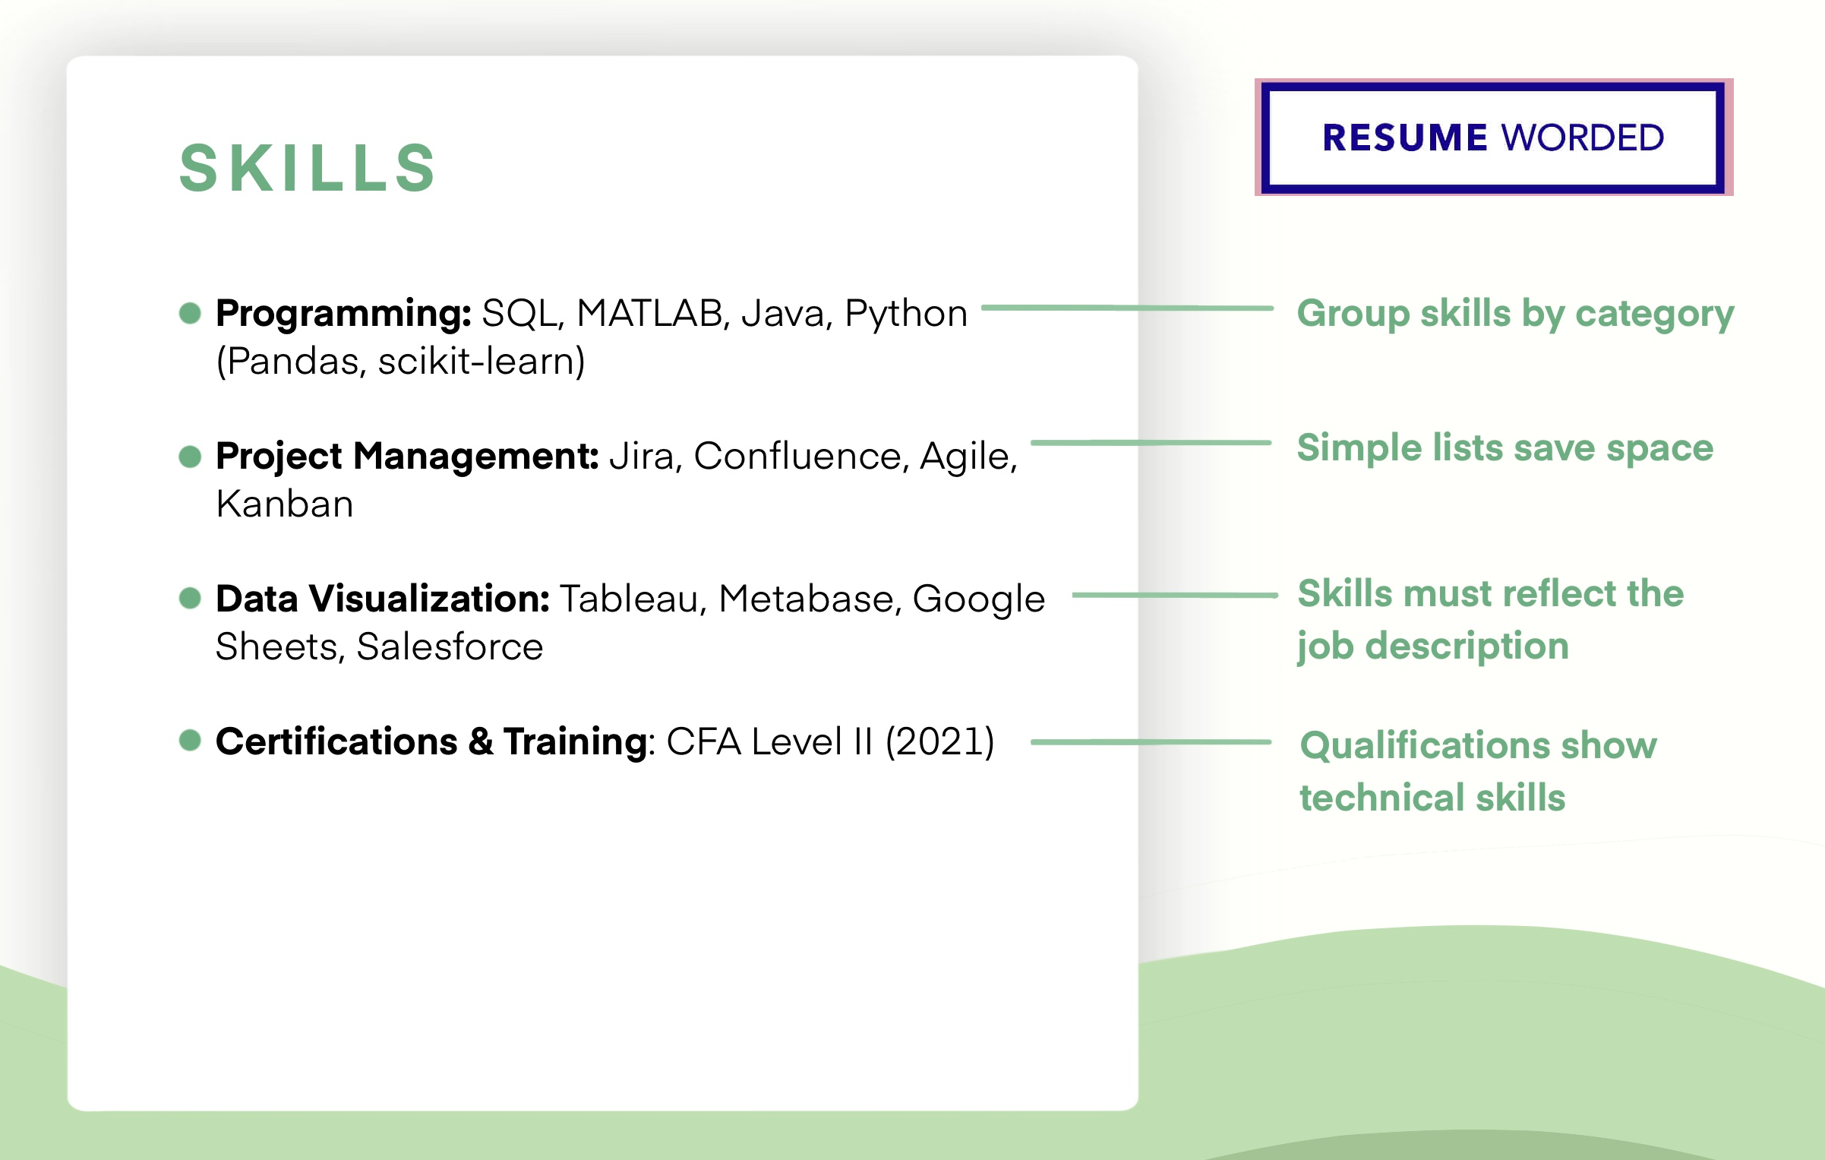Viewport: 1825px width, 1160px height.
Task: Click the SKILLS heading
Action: [x=308, y=168]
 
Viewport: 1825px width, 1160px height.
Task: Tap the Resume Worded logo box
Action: [x=1493, y=137]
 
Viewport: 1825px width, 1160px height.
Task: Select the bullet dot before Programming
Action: [x=190, y=313]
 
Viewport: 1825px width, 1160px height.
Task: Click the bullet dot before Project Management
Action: [x=190, y=456]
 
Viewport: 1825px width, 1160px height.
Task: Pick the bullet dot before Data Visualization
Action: [x=190, y=598]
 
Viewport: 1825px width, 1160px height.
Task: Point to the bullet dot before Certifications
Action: [x=190, y=740]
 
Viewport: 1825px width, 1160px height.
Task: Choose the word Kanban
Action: [x=285, y=504]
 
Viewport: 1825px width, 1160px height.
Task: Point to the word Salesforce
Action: [x=450, y=646]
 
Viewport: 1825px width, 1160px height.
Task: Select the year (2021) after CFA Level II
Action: [x=939, y=741]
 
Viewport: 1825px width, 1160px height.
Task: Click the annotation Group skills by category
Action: [x=1515, y=314]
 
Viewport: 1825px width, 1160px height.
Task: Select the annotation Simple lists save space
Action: [x=1505, y=447]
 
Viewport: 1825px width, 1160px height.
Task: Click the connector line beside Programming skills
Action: [x=1127, y=308]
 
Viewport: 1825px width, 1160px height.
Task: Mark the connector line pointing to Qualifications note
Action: [x=1151, y=741]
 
